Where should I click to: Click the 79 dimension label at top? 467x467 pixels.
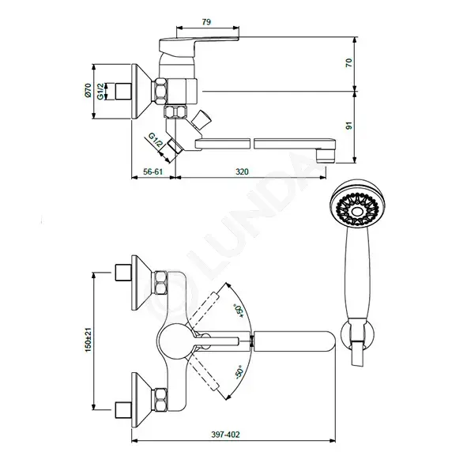pyautogui.click(x=206, y=22)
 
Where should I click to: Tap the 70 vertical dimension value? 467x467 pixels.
pyautogui.click(x=348, y=63)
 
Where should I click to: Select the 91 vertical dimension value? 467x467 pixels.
pyautogui.click(x=348, y=126)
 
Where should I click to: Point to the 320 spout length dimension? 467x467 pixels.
pyautogui.click(x=242, y=171)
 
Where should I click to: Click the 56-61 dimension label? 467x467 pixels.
pyautogui.click(x=153, y=171)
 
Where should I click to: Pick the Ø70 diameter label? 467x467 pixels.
pyautogui.click(x=88, y=90)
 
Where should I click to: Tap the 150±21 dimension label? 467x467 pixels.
pyautogui.click(x=89, y=340)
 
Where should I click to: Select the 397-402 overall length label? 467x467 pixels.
pyautogui.click(x=225, y=435)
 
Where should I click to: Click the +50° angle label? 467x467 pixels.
pyautogui.click(x=239, y=311)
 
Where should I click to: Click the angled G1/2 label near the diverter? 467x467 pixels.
pyautogui.click(x=156, y=141)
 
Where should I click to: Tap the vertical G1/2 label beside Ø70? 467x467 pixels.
pyautogui.click(x=101, y=91)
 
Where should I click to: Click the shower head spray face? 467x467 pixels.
pyautogui.click(x=357, y=209)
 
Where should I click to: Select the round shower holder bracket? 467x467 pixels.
pyautogui.click(x=357, y=336)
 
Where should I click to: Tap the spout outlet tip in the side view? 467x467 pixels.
pyautogui.click(x=326, y=156)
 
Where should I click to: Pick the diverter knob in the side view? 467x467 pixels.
pyautogui.click(x=201, y=120)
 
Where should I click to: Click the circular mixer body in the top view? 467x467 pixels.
pyautogui.click(x=175, y=341)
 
